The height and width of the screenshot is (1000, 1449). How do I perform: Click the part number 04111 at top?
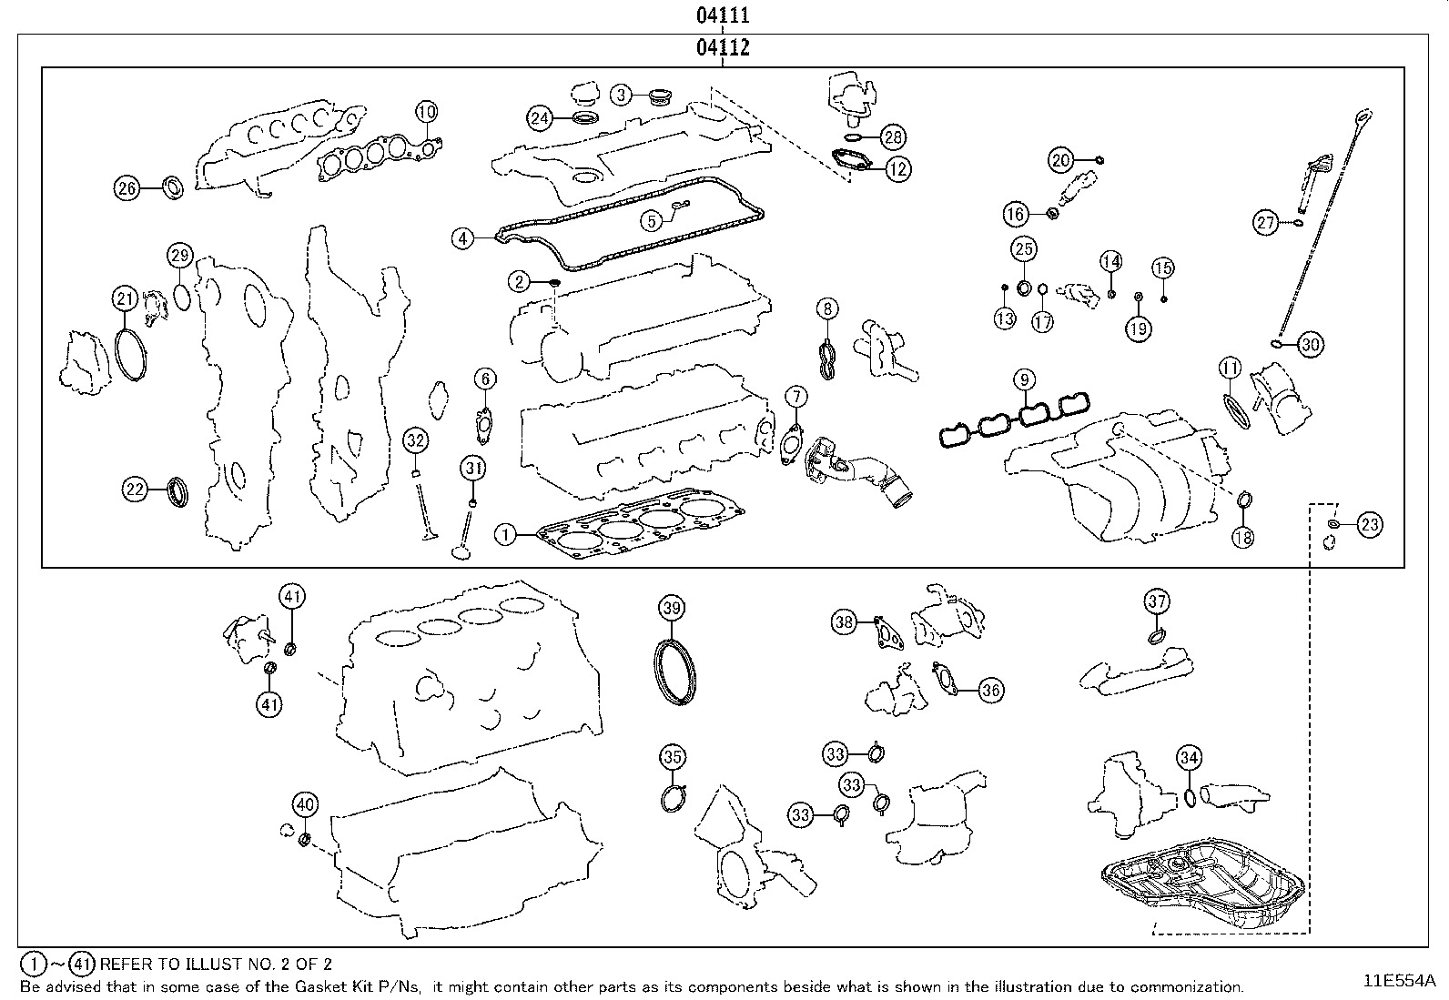(x=724, y=15)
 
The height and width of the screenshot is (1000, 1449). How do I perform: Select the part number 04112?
(x=724, y=48)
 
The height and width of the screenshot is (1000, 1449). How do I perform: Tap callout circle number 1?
(x=505, y=534)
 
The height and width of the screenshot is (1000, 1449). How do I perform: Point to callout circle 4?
(x=463, y=238)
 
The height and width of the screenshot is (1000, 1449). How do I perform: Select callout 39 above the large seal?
(x=671, y=609)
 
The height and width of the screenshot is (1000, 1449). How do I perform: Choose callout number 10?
(x=426, y=112)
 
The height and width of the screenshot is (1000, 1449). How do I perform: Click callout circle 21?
(x=125, y=298)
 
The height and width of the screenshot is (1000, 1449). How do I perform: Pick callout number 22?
(x=135, y=490)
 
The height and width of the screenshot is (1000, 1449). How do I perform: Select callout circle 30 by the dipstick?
(x=1310, y=344)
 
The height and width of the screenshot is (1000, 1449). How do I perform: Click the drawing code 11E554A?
(x=1398, y=981)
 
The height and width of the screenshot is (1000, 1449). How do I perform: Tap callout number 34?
(x=1189, y=757)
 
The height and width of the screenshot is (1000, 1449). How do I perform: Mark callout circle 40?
(x=305, y=803)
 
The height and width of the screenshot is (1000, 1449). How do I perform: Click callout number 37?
(x=1156, y=601)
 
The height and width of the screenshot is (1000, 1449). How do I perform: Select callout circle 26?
(x=127, y=188)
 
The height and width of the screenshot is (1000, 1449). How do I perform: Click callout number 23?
(x=1369, y=524)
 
